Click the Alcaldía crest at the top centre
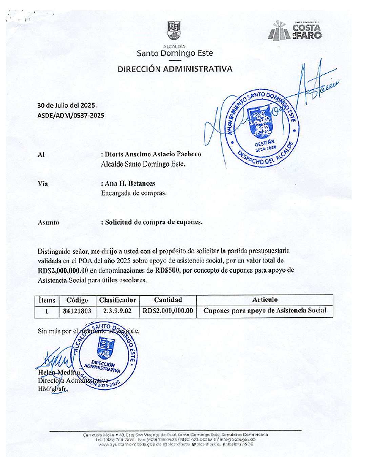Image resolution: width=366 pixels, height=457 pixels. (174, 30)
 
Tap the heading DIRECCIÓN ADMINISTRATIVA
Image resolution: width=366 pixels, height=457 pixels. (175, 69)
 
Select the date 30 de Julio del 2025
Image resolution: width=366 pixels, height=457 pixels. (67, 105)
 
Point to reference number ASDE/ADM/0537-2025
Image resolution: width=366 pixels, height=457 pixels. (70, 115)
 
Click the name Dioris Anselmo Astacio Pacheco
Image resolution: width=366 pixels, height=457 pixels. (153, 154)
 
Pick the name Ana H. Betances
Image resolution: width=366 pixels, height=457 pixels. (130, 183)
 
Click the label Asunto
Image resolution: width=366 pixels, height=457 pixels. (48, 222)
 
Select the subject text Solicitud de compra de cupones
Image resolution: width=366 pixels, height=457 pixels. (154, 222)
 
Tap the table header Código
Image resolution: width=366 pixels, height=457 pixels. (77, 300)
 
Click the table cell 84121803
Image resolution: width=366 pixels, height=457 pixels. (77, 311)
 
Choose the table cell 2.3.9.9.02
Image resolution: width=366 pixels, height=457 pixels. (117, 311)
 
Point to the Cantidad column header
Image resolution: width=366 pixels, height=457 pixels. (168, 300)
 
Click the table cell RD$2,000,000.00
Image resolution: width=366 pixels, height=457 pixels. (168, 311)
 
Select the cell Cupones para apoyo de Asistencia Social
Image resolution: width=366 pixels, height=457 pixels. (265, 311)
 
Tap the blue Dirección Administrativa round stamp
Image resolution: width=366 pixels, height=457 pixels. (104, 356)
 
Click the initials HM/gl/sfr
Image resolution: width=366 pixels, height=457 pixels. (52, 389)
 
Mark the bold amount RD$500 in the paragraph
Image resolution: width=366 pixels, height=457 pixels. (167, 270)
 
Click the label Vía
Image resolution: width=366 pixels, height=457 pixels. (43, 184)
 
